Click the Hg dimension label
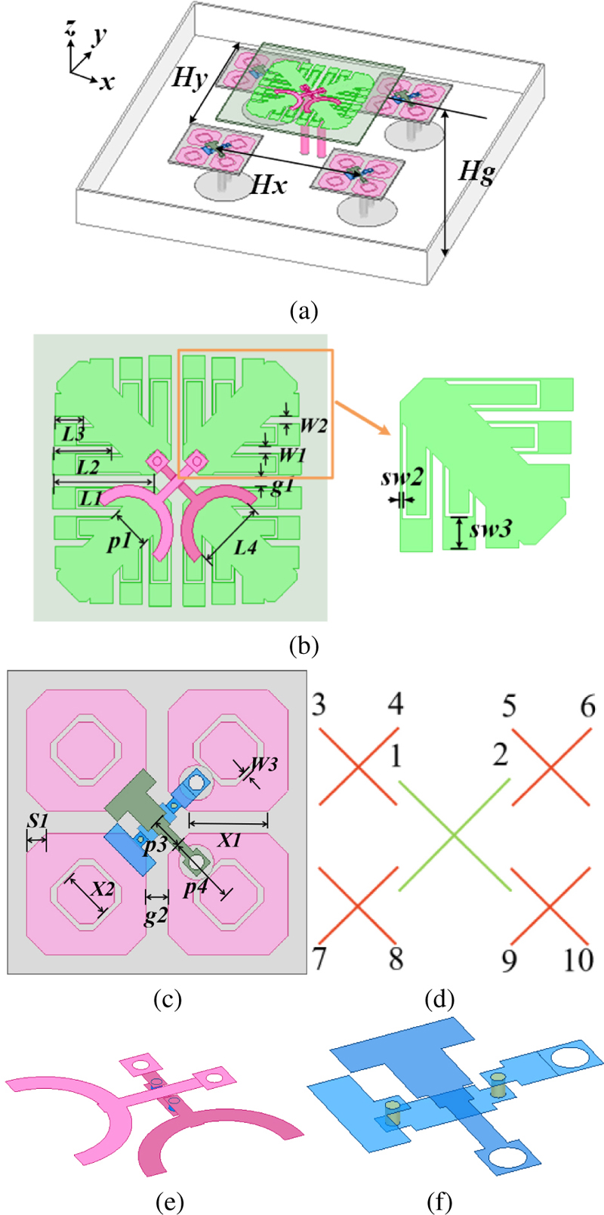click(x=478, y=173)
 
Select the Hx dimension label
click(x=269, y=183)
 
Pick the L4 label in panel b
click(x=246, y=546)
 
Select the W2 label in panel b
click(x=313, y=425)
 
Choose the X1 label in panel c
click(x=230, y=839)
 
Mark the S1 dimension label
click(x=38, y=819)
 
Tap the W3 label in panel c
click(x=263, y=763)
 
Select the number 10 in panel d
click(x=579, y=959)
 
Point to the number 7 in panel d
click(x=319, y=959)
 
